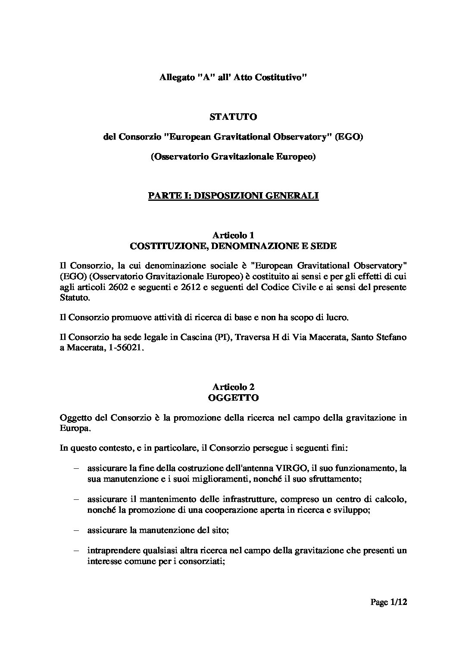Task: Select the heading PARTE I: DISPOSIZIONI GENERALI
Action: click(x=233, y=196)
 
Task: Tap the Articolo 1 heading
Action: click(x=233, y=235)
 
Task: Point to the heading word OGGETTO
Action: click(x=233, y=398)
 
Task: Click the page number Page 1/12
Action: click(x=389, y=603)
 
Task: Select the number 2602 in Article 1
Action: click(x=119, y=287)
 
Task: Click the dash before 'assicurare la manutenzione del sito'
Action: click(x=76, y=531)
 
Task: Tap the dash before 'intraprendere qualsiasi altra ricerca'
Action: click(x=76, y=551)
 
